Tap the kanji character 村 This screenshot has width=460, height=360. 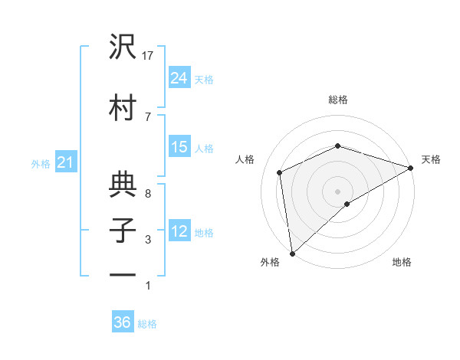(123, 107)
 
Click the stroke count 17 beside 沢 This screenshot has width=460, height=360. (149, 55)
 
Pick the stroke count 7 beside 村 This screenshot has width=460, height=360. (148, 116)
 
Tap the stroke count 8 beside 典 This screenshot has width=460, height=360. (148, 193)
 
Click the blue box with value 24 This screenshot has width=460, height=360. (179, 77)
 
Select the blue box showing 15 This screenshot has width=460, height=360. (179, 147)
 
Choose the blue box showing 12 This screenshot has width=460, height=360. (179, 231)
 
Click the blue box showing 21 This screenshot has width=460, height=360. (65, 162)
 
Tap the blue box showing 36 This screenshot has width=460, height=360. (123, 322)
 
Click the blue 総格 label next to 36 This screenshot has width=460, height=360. (148, 324)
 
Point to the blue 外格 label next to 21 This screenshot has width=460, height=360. (41, 163)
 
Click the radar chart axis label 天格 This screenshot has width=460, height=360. (432, 159)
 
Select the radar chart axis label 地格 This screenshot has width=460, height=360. (402, 262)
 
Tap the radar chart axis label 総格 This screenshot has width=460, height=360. (338, 100)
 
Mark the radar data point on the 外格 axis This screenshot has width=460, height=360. (292, 254)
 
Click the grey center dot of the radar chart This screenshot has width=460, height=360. (337, 191)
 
